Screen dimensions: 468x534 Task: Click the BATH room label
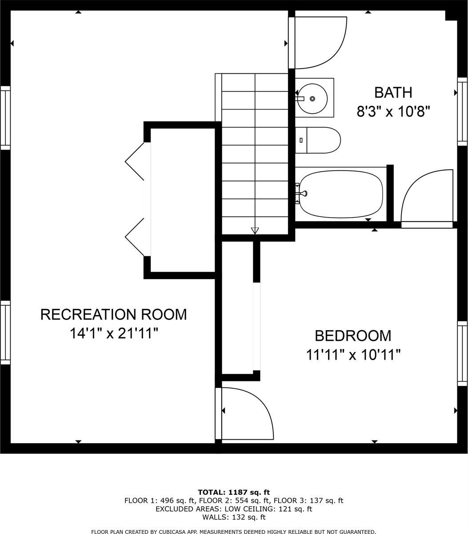point(393,93)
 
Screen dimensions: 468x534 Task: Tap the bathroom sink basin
point(312,99)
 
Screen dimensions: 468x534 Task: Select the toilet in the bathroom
point(318,140)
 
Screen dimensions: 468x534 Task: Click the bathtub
point(341,194)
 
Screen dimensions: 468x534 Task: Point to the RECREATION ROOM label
point(113,315)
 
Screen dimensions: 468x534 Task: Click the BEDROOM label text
point(353,336)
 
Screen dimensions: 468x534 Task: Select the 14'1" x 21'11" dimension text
point(114,333)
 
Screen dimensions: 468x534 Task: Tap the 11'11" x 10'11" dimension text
point(353,355)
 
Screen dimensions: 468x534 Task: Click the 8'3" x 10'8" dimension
point(393,111)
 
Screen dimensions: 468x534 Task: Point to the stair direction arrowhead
point(255,231)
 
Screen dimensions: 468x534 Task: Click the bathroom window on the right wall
point(463,112)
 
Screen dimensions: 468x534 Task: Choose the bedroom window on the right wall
point(463,353)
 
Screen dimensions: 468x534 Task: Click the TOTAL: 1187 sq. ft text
point(234,492)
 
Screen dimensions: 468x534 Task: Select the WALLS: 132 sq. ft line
point(234,517)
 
